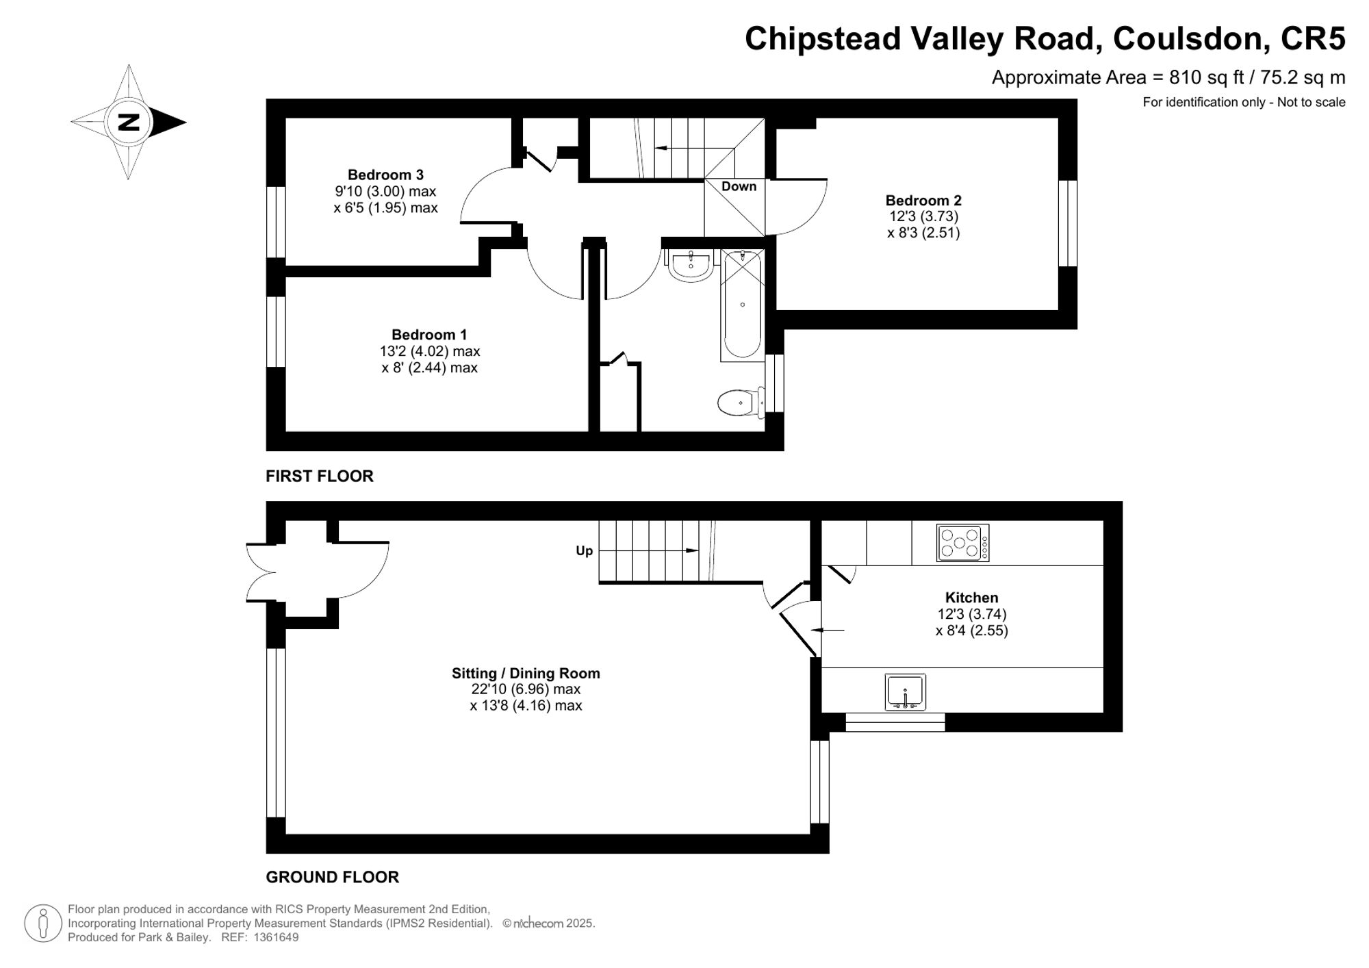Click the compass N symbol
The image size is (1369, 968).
(x=129, y=123)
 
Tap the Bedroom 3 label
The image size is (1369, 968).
(x=385, y=175)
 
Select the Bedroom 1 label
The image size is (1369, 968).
(x=429, y=335)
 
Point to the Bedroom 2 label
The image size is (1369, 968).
(x=923, y=201)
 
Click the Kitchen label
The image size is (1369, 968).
(x=971, y=598)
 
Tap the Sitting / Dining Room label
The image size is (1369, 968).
(x=526, y=674)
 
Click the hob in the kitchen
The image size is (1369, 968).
(x=963, y=543)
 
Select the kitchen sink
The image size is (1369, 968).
(x=905, y=691)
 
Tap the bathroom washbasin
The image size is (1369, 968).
(x=691, y=266)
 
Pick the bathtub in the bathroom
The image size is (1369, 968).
(x=743, y=305)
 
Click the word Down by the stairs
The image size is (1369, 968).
(x=739, y=186)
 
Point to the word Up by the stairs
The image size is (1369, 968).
(x=584, y=551)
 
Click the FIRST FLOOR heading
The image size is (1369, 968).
(x=320, y=476)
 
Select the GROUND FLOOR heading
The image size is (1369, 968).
(x=332, y=877)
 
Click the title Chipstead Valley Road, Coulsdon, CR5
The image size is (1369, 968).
(x=1045, y=39)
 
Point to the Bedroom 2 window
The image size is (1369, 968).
(x=1068, y=223)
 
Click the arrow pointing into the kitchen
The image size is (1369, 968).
(x=828, y=630)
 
